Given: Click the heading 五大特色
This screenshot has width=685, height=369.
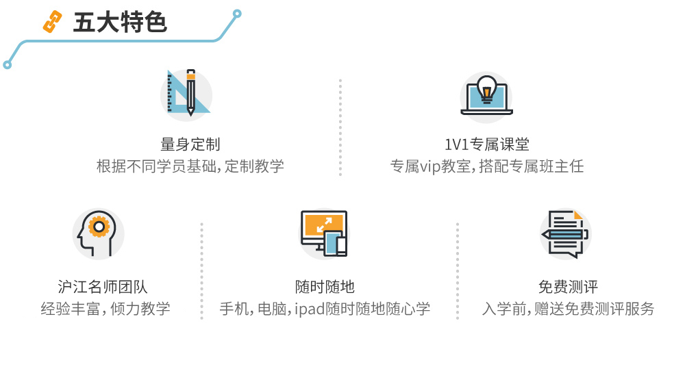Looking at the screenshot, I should (x=120, y=23).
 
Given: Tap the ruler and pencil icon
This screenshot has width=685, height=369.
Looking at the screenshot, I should (x=186, y=94).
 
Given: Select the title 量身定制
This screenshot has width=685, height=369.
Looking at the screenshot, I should (x=190, y=144).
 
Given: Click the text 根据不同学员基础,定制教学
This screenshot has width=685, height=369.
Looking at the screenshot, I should (x=190, y=166).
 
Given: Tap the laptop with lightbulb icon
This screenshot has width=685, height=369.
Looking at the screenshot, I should (x=486, y=97).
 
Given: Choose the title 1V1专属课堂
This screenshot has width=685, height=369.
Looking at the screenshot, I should (x=486, y=144).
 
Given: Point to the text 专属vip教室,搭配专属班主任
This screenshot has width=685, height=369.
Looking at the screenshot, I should (x=486, y=166).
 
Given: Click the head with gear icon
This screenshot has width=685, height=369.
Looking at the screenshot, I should (x=98, y=233).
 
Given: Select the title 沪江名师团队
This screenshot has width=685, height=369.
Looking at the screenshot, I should (x=103, y=287).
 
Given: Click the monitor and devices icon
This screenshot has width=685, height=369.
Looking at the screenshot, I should (x=323, y=233).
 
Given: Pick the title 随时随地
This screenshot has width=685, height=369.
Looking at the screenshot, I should (x=325, y=287).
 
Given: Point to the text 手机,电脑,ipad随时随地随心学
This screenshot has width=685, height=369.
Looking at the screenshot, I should (x=325, y=309).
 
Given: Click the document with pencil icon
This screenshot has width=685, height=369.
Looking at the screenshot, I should (x=565, y=233).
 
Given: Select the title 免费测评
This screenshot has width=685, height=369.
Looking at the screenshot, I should (x=568, y=287).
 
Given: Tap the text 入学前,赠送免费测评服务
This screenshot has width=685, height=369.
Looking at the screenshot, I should (x=568, y=309).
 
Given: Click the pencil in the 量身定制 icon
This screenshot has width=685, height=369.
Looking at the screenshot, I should (x=190, y=92).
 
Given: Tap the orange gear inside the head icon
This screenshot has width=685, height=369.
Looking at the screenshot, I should (x=100, y=225).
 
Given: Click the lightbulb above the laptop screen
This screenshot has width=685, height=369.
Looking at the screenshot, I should (x=486, y=87).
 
